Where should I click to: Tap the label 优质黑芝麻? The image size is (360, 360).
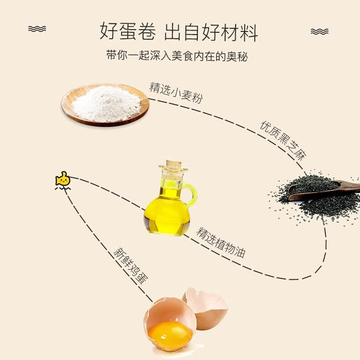(283, 140)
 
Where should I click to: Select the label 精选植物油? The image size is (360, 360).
(221, 242)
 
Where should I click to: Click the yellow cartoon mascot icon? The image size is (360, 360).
(63, 181)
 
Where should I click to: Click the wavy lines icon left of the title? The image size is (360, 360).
(37, 29)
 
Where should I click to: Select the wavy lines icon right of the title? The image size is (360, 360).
(319, 31)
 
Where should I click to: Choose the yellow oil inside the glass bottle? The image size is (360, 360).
(166, 214)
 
